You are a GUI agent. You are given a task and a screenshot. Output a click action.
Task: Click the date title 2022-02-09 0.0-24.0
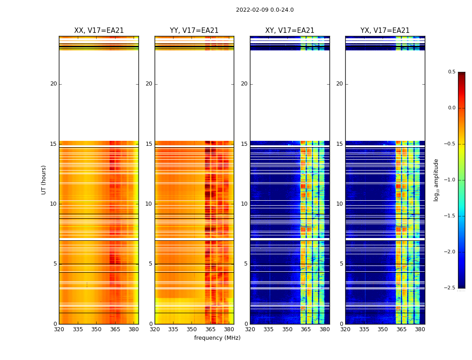pos(265,10)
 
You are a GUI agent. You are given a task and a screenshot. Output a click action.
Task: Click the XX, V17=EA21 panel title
pos(99,31)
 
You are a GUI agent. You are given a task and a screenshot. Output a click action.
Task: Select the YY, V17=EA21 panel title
pos(194,31)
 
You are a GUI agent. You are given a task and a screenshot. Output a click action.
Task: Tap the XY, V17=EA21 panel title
pos(290,31)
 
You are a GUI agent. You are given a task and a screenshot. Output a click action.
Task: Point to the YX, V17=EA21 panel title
pos(385,31)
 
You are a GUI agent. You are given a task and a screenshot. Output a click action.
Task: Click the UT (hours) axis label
pos(44,180)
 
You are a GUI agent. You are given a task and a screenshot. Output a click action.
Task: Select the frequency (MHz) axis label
pos(217,338)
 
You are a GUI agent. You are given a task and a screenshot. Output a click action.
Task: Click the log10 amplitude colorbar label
pos(436,180)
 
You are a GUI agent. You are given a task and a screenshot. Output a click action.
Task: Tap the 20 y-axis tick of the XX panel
pos(53,84)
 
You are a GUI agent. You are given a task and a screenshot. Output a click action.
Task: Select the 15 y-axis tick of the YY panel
pos(149,144)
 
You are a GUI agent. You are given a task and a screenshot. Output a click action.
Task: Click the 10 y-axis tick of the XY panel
pos(244,204)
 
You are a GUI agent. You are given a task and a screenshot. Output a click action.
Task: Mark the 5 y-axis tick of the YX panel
pos(341,264)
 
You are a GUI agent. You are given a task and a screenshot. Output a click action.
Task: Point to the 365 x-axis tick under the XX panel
pos(115,329)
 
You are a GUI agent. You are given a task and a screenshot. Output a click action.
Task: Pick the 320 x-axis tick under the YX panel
pos(345,329)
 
